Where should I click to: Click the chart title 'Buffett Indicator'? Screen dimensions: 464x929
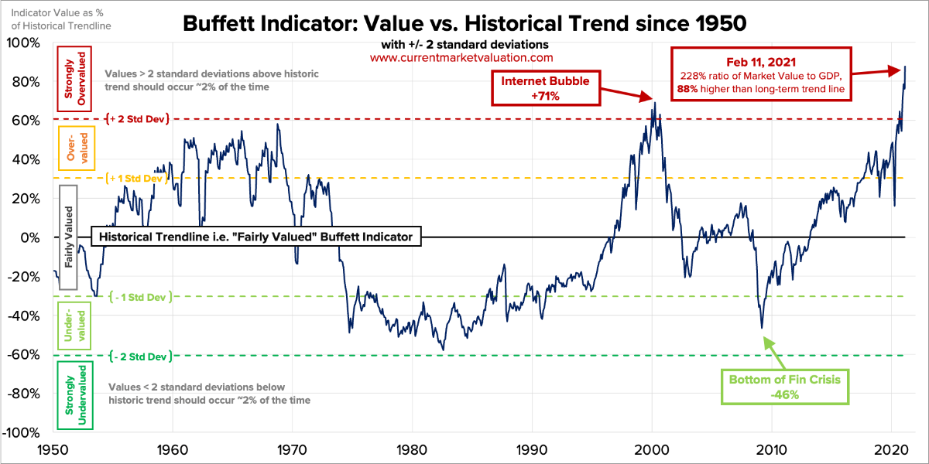click(x=464, y=24)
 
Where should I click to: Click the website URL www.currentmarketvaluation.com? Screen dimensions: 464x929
click(x=461, y=57)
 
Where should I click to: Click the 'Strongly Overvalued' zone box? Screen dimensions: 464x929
click(x=74, y=80)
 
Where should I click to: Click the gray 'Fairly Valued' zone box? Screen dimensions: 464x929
click(x=69, y=237)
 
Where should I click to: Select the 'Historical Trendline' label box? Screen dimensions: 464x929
click(x=256, y=237)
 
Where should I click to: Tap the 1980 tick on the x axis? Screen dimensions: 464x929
click(x=411, y=449)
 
